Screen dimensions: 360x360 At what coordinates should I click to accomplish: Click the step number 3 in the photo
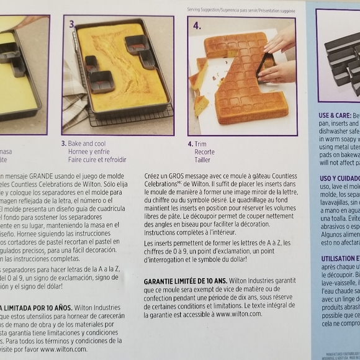pos(72,25)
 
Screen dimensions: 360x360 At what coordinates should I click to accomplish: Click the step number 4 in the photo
pos(197,26)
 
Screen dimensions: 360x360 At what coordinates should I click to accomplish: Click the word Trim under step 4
pos(200,143)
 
